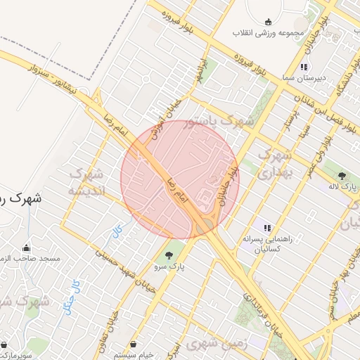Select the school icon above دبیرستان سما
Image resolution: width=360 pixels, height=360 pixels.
303,67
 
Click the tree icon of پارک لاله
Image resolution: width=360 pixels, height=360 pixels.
342,176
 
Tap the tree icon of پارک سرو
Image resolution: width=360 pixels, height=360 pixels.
168,255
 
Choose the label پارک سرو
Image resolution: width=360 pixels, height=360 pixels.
168,266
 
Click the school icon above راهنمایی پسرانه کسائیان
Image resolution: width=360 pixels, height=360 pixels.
266,227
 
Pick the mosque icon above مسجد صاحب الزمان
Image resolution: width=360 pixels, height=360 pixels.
27,247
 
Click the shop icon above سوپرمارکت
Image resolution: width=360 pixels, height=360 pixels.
6,345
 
